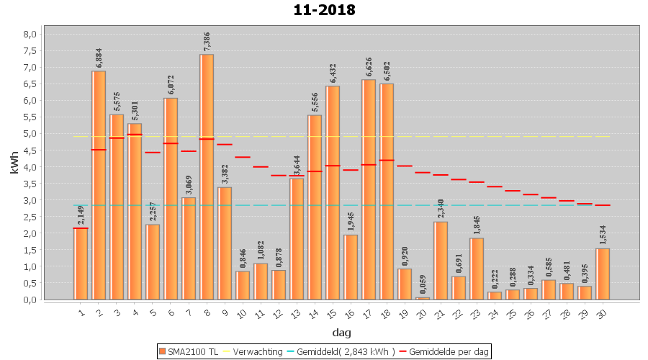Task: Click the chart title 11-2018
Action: coord(324,10)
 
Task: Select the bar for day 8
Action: coord(207,176)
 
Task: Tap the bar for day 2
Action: coord(99,185)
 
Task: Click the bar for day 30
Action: coord(603,274)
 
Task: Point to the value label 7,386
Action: coord(207,42)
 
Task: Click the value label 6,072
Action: coord(171,86)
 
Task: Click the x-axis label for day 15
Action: coord(332,312)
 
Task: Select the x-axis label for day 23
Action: coord(476,312)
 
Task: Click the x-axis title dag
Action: coord(341,332)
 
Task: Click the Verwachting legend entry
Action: coord(256,351)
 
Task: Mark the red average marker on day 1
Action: coord(81,228)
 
